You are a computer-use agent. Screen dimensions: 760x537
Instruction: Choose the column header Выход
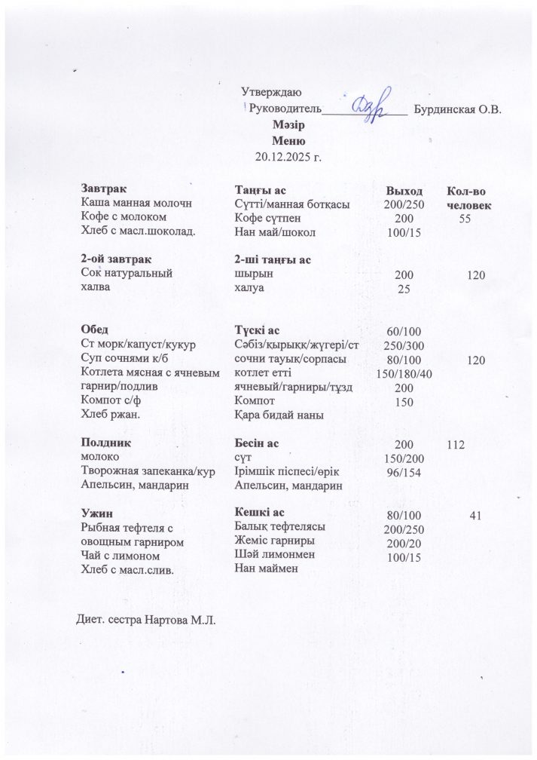point(404,191)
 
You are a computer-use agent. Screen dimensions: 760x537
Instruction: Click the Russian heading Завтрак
point(104,188)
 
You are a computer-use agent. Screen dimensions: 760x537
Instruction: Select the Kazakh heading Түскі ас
point(258,330)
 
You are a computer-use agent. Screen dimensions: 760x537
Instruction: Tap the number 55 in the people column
point(465,218)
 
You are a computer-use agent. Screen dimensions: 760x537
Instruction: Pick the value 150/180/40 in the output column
point(404,375)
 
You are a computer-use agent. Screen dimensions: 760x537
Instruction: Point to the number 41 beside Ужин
point(474,516)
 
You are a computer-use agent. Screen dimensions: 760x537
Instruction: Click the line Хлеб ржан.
point(109,415)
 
